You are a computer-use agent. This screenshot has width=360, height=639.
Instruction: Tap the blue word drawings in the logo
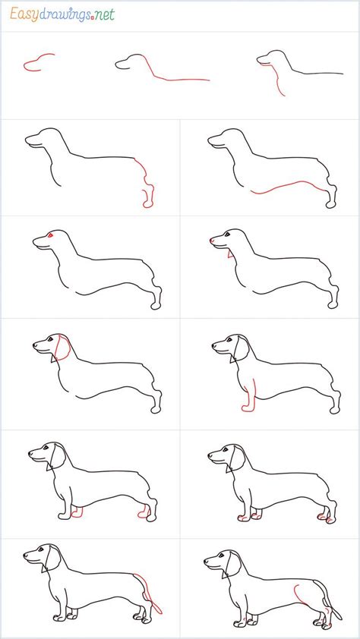tap(65, 15)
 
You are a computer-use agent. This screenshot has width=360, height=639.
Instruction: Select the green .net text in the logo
tap(104, 15)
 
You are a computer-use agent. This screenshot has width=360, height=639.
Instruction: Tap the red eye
tap(51, 235)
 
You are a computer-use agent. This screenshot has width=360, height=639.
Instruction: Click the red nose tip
tap(212, 241)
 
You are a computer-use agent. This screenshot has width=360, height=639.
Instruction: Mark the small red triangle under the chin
tap(230, 254)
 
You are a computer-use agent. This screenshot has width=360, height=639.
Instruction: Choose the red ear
tap(62, 348)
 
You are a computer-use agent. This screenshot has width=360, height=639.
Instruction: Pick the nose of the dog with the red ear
tap(34, 345)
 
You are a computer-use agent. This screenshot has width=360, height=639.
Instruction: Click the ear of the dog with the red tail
tap(52, 558)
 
